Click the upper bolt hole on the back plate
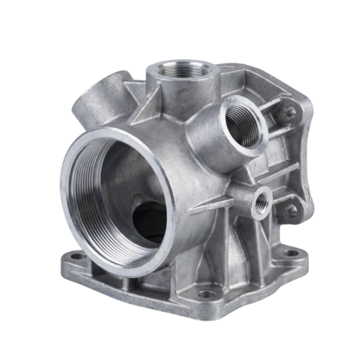290,113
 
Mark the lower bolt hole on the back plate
291,210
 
